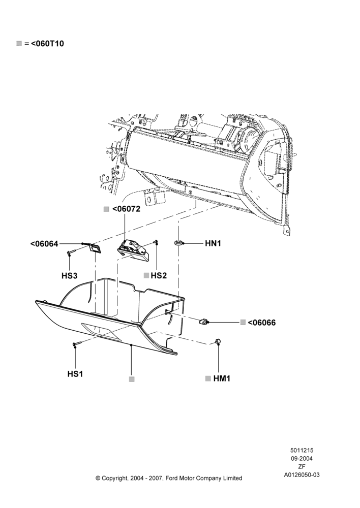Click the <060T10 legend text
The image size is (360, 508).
pos(47,43)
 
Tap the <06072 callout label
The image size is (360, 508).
pos(126,209)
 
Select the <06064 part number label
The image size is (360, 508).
pos(44,244)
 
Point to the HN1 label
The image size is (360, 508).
pos(213,243)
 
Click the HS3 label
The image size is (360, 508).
pos(69,276)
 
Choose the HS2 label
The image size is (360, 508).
pos(159,275)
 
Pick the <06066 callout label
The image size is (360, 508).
pos(262,323)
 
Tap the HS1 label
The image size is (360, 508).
pos(75,374)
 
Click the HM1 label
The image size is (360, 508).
pos(222,378)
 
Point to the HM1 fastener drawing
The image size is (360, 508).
pos(218,341)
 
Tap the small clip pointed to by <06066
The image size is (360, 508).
pos(203,322)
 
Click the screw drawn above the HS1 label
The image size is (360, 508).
pos(78,343)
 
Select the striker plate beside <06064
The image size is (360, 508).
pos(95,248)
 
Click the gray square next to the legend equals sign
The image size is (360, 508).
pos(19,43)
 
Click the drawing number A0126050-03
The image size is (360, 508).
pos(302,475)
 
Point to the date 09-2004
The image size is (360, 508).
pos(302,458)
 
